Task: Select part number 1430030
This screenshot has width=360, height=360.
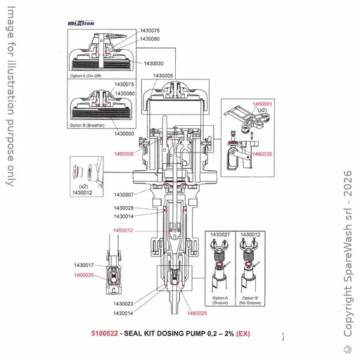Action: coord(154,64)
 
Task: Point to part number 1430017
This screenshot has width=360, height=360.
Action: coord(84,265)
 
